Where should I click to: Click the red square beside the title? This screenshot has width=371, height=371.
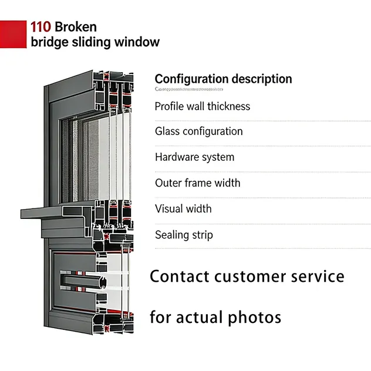pos(13,34)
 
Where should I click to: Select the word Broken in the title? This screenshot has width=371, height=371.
pos(76,26)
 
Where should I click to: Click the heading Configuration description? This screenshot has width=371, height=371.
pos(223,79)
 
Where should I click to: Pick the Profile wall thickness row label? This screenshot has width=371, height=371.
pos(203,106)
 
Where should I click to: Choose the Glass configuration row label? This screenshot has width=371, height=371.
pos(198,131)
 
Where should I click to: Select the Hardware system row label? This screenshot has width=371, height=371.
pos(194,157)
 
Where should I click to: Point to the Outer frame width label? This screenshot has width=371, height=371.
pos(198,183)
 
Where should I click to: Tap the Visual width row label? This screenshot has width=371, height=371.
pos(183,209)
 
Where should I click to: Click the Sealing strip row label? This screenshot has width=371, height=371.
pos(184,235)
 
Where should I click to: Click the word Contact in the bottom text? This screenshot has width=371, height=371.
pos(179,276)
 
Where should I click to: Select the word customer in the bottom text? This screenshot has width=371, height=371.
pos(253,276)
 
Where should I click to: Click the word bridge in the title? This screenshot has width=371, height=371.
pos(49,42)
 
